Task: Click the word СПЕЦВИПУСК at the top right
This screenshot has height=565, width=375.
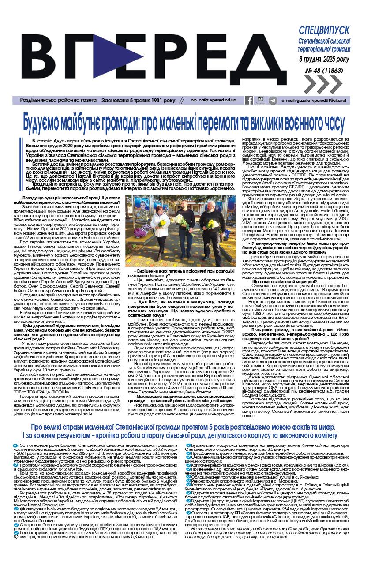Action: pos(324,30)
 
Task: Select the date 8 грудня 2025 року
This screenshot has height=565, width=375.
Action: pos(324,59)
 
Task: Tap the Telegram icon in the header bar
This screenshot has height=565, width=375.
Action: pos(273,101)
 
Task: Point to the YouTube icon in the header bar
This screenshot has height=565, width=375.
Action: pos(261,101)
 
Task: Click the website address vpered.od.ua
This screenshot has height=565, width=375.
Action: pos(223,101)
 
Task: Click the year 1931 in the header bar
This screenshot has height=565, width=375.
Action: pos(153,101)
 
